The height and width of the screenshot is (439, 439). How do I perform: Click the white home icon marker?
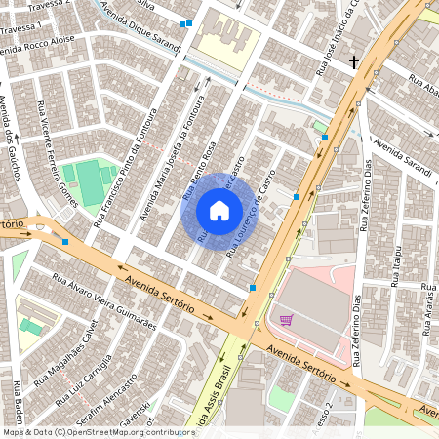pyautogui.click(x=219, y=211)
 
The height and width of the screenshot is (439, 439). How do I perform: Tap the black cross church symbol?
pyautogui.click(x=353, y=61)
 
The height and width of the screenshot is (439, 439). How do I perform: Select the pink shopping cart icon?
pyautogui.click(x=286, y=319)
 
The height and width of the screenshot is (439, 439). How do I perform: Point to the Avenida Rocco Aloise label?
pyautogui.click(x=37, y=41)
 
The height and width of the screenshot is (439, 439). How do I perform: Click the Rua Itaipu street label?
pyautogui.click(x=397, y=264)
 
